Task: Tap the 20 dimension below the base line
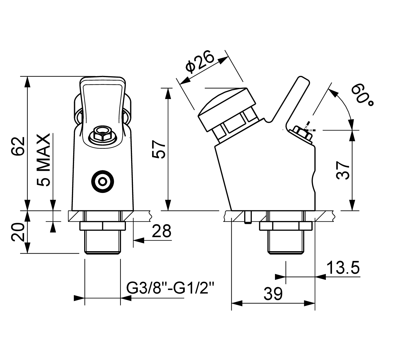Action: pos(18,232)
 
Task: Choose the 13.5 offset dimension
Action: pos(343,268)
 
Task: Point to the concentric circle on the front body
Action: pos(102,182)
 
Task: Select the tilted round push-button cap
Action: pos(227,108)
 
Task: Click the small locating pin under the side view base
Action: pos(247,217)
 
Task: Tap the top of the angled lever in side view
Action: pos(302,81)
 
